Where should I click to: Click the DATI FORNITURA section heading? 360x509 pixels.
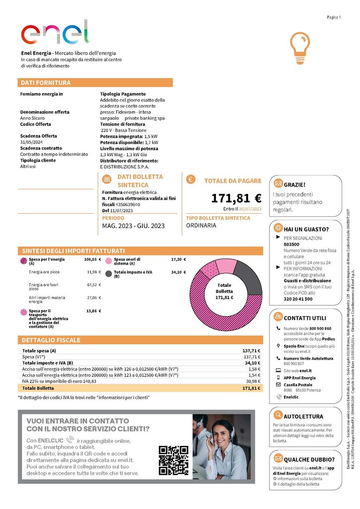(x=46, y=83)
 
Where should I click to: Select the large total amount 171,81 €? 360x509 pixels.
(x=236, y=198)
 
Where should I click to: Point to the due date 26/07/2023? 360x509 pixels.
(x=250, y=209)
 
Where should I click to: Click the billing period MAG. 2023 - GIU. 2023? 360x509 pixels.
(x=133, y=226)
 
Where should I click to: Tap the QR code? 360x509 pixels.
(x=174, y=460)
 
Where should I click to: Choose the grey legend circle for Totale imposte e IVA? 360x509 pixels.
(x=108, y=273)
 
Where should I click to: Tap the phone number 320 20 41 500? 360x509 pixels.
(x=298, y=299)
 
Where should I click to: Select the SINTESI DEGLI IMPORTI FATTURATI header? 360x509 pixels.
(x=73, y=251)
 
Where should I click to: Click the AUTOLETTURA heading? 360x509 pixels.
(x=303, y=416)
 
